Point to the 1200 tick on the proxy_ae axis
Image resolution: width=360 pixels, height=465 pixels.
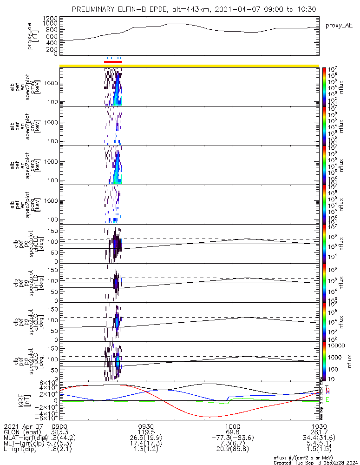(x=49, y=18)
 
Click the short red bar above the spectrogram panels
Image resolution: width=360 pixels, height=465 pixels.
(x=113, y=61)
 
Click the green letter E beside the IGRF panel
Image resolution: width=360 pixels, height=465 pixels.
(x=327, y=399)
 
